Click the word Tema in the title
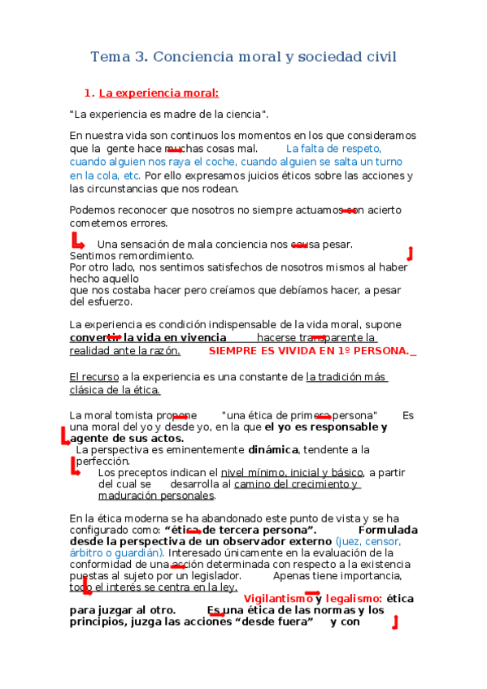[x=107, y=57]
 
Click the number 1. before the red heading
[x=90, y=93]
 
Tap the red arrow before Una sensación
[x=78, y=242]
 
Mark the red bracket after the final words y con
[x=394, y=623]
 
